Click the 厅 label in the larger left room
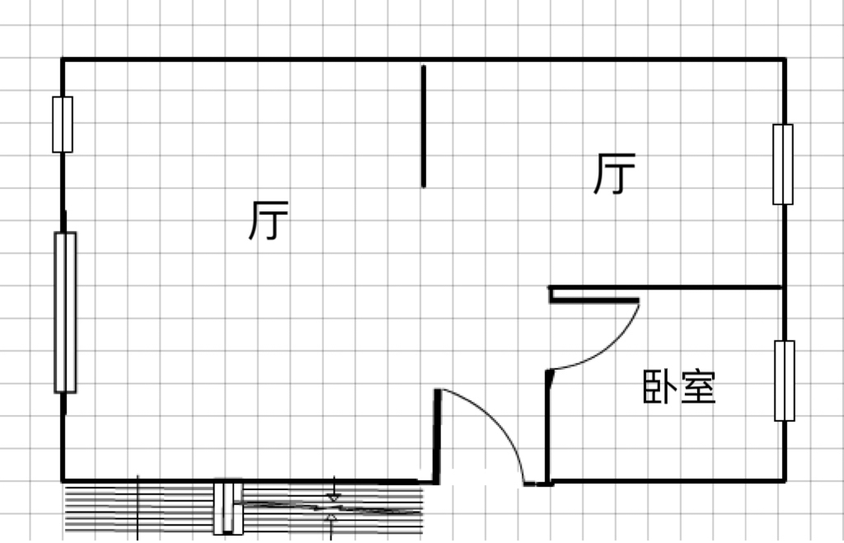point(269,220)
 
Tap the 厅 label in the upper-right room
point(615,173)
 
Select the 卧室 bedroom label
point(679,387)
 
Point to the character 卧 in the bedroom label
point(660,387)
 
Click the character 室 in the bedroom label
point(698,387)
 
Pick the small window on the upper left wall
point(63,125)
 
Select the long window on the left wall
point(65,312)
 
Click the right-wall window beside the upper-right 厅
point(783,164)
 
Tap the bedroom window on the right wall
point(785,380)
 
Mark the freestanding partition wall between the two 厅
point(424,126)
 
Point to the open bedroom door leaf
point(594,300)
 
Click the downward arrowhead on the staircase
point(335,497)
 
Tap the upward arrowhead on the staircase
point(332,518)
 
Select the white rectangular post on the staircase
point(228,507)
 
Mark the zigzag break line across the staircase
point(331,507)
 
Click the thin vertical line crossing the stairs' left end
point(138,508)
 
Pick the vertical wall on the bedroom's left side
point(547,427)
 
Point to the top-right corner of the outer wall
point(785,59)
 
